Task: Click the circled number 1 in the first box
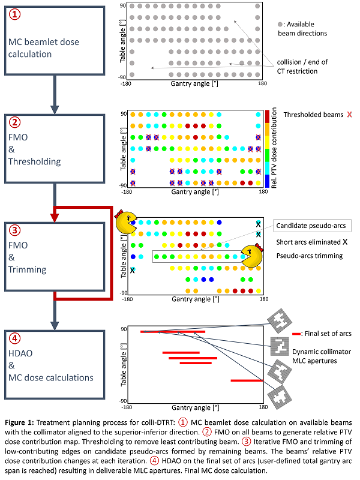tap(14, 14)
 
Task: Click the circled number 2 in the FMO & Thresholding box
tap(14, 122)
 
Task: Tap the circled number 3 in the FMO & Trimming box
tap(14, 230)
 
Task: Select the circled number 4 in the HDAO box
tap(14, 338)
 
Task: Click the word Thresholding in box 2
tap(35, 161)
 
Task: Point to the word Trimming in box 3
tap(27, 269)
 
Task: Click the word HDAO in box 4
tap(20, 353)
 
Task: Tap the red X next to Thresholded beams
tap(349, 115)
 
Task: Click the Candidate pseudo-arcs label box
tap(312, 226)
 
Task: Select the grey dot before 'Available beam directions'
tap(280, 24)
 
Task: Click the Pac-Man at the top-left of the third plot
tap(127, 221)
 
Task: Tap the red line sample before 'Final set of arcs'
tap(296, 334)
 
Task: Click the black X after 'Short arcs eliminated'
tap(345, 242)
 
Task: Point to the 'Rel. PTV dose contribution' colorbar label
tap(274, 148)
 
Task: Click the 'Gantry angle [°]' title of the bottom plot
tap(196, 408)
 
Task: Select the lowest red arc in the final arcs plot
tap(247, 380)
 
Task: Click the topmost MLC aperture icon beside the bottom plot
tap(280, 321)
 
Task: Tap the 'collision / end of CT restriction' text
tap(302, 67)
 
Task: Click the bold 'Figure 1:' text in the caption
tap(19, 423)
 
